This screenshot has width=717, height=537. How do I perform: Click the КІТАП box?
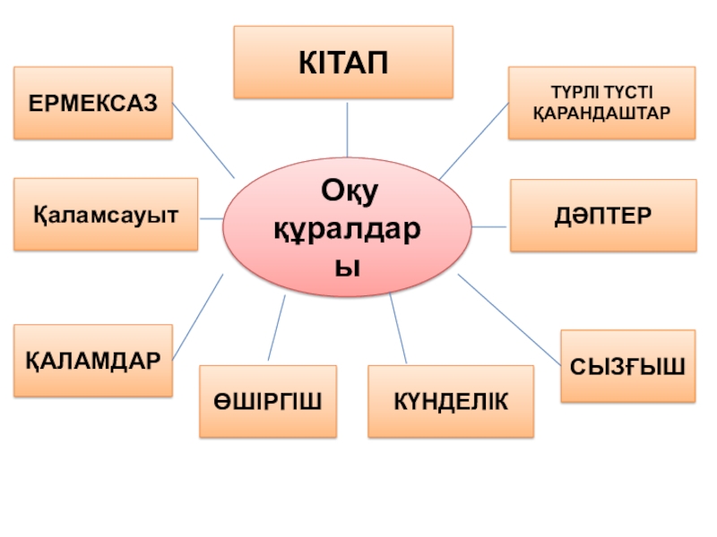pyautogui.click(x=343, y=62)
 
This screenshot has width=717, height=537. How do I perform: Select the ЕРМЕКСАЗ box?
pyautogui.click(x=93, y=103)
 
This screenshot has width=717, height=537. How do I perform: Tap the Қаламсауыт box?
pyautogui.click(x=106, y=215)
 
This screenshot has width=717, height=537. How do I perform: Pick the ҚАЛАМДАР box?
pyautogui.click(x=93, y=361)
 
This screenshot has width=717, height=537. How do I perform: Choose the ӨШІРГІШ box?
pyautogui.click(x=268, y=401)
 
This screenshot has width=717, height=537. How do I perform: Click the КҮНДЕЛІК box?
pyautogui.click(x=450, y=401)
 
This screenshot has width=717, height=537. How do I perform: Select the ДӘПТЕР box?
pyautogui.click(x=602, y=216)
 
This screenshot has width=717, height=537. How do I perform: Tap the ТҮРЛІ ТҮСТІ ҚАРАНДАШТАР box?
pyautogui.click(x=601, y=103)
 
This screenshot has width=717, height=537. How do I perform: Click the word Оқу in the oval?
pyautogui.click(x=346, y=191)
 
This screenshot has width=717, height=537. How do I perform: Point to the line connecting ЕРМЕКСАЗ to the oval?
pyautogui.click(x=203, y=140)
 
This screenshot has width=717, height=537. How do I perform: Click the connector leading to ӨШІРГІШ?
pyautogui.click(x=277, y=328)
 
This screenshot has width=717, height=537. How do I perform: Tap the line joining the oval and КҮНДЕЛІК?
pyautogui.click(x=398, y=329)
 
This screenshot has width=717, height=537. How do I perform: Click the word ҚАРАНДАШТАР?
pyautogui.click(x=601, y=115)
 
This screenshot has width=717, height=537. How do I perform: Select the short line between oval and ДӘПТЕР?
pyautogui.click(x=489, y=226)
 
